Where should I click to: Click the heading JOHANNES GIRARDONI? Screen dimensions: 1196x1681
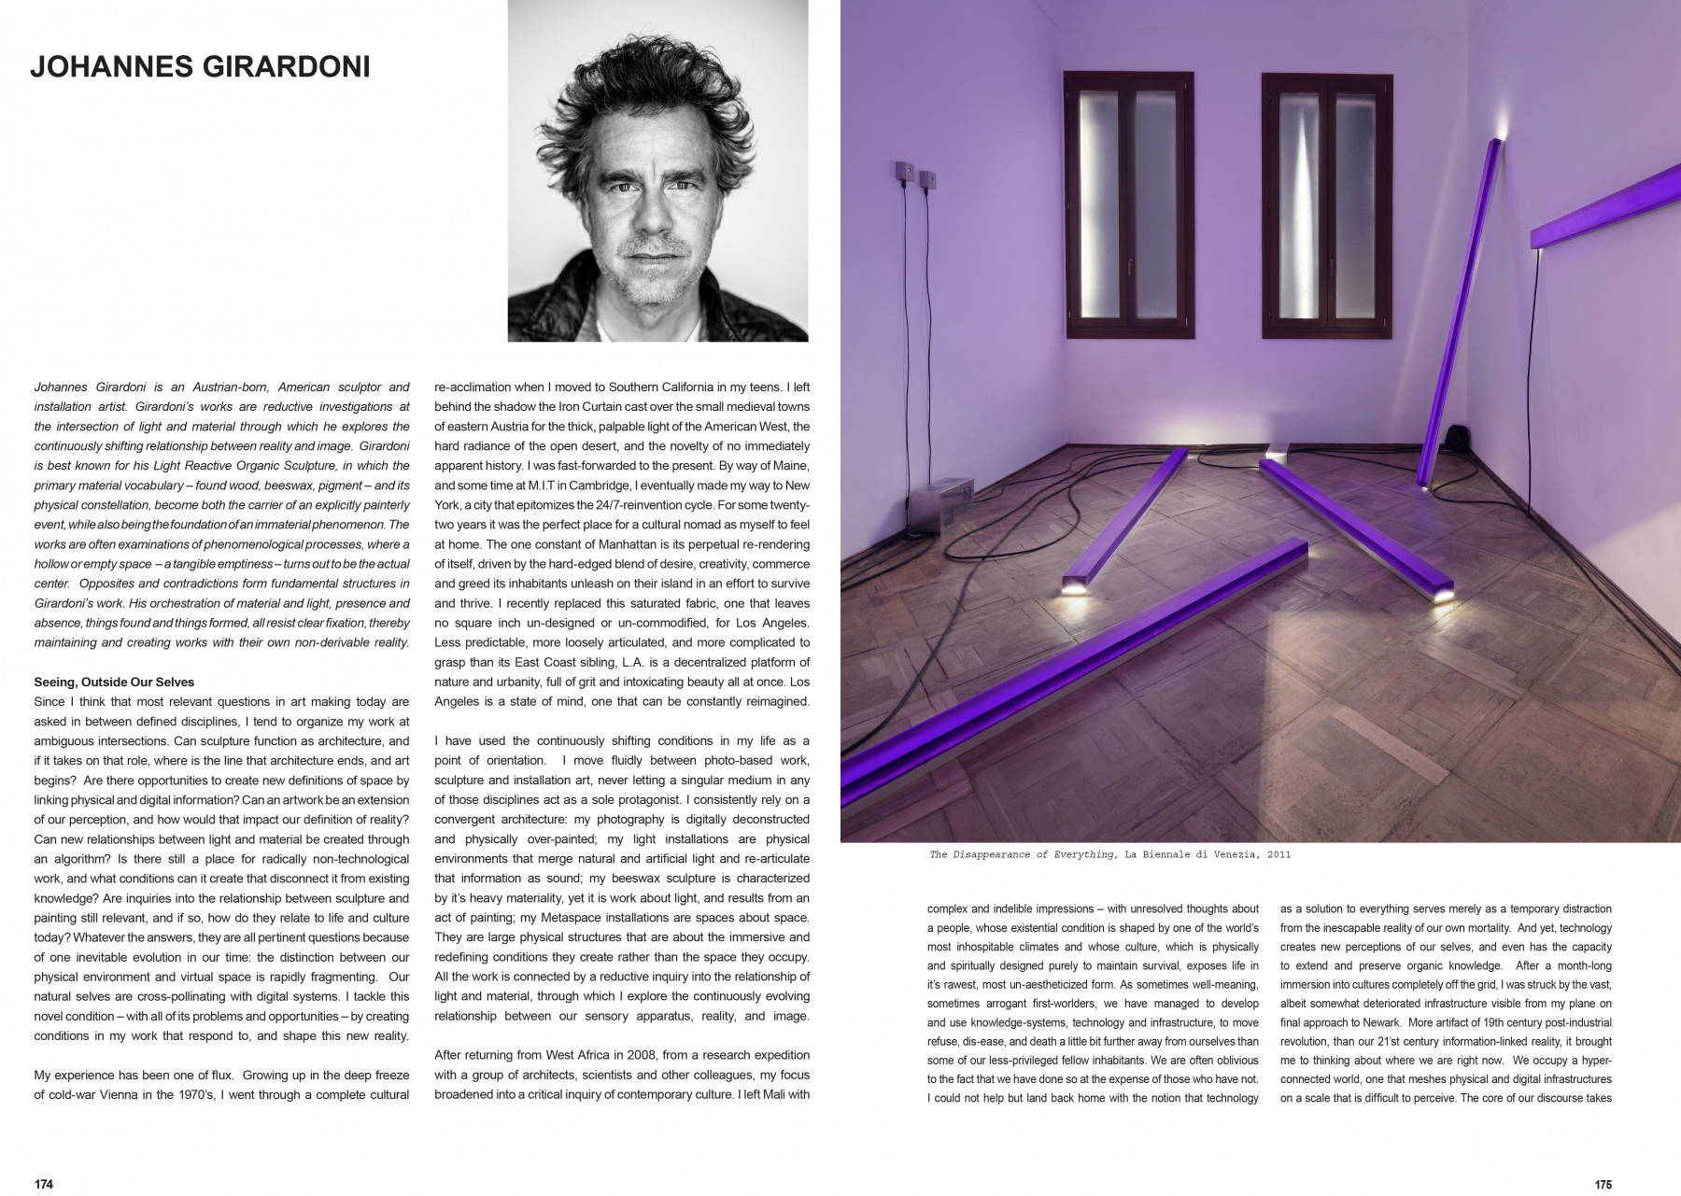(200, 67)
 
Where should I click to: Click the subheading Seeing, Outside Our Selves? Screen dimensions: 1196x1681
(114, 682)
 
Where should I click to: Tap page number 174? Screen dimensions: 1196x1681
(44, 1184)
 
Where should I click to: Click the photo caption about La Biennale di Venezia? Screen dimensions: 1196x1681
(1109, 854)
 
